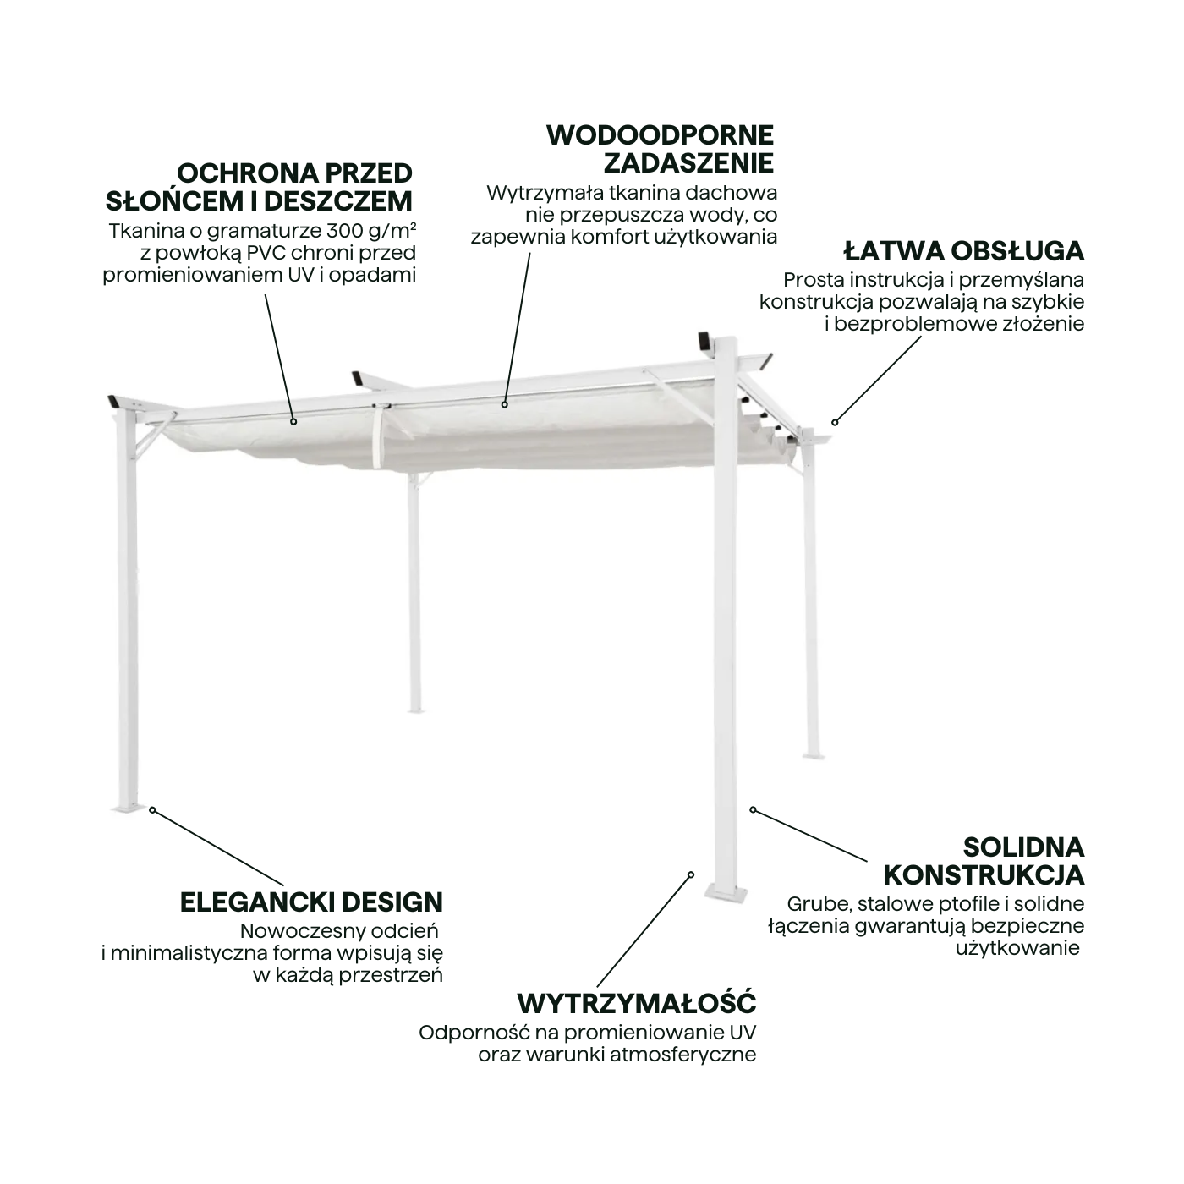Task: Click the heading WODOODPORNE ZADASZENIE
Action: coord(660,150)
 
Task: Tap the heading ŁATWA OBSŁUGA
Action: coord(964,251)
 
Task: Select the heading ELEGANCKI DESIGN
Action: coord(311,902)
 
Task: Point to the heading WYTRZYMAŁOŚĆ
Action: coord(637,1004)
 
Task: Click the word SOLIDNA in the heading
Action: coord(1023,848)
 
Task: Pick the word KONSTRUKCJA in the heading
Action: coord(984,875)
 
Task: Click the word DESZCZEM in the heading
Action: coord(338,201)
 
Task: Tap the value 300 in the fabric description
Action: coord(344,231)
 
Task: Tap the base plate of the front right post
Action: coord(726,893)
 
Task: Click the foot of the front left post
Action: coord(128,808)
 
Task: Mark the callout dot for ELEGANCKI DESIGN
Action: coord(152,810)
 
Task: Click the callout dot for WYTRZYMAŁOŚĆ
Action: coord(691,875)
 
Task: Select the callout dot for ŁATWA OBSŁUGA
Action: coord(835,422)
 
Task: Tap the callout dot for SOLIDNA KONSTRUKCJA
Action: coord(754,810)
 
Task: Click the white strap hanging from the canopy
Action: coord(376,436)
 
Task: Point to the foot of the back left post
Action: coord(416,710)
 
